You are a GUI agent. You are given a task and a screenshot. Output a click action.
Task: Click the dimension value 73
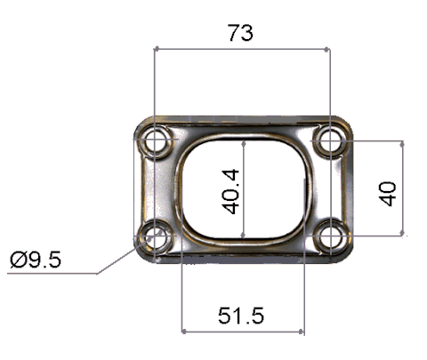click(x=240, y=33)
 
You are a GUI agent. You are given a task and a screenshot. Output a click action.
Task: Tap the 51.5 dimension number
click(x=241, y=316)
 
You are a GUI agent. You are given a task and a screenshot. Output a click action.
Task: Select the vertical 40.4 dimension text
click(x=230, y=191)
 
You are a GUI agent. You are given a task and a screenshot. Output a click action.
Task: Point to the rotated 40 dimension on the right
click(x=387, y=194)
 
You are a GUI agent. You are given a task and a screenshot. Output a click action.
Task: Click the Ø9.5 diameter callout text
click(x=36, y=260)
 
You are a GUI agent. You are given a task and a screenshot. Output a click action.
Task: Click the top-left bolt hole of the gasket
click(x=155, y=141)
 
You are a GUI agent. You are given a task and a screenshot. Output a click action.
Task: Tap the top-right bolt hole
click(x=331, y=140)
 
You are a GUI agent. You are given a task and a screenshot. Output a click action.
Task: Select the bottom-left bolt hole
click(x=155, y=236)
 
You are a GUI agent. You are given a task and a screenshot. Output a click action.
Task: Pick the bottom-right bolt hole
click(x=331, y=236)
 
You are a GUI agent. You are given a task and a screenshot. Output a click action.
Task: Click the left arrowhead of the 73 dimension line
click(x=157, y=48)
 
